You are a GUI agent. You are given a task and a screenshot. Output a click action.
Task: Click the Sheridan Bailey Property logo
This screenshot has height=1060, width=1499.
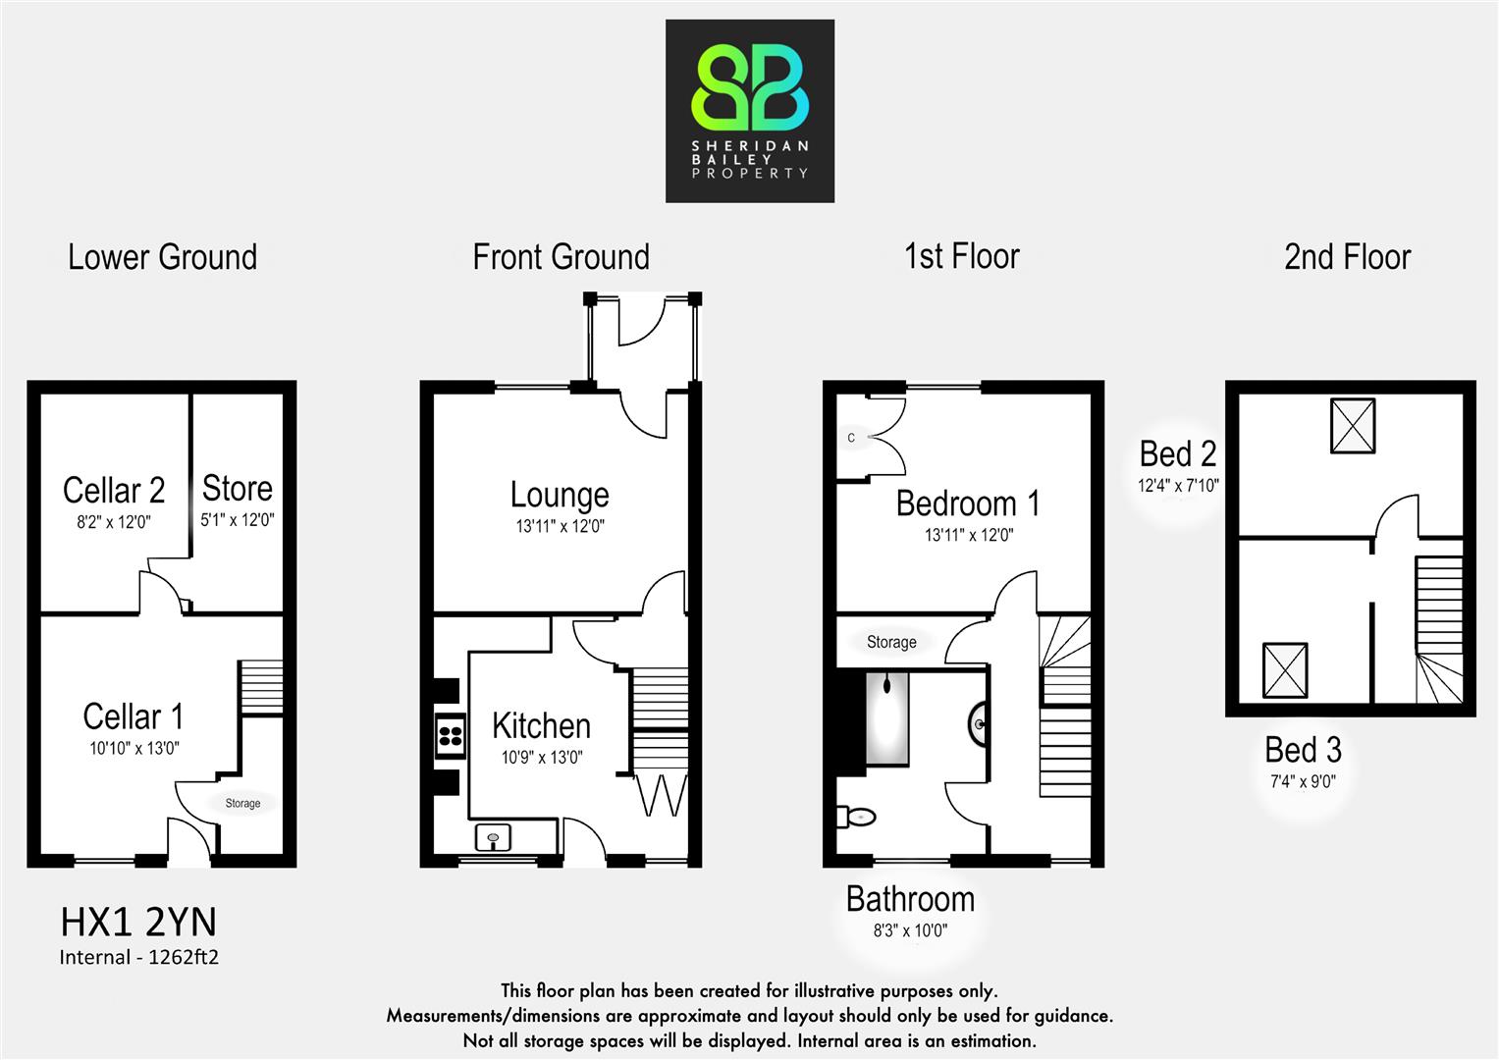click(x=750, y=111)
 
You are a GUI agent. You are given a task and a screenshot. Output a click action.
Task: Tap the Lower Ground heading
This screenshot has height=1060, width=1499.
click(x=162, y=257)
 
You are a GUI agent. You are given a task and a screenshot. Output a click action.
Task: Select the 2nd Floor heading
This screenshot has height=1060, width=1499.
click(x=1347, y=257)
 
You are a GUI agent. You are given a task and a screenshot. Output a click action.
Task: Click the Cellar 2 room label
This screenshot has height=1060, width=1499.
click(x=114, y=490)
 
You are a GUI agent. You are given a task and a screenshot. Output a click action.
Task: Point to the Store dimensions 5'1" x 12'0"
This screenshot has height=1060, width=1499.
click(x=237, y=520)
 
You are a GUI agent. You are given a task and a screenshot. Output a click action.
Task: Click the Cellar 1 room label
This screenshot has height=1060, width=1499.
click(x=133, y=716)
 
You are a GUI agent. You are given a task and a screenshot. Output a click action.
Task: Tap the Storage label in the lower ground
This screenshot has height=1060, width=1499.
click(x=242, y=803)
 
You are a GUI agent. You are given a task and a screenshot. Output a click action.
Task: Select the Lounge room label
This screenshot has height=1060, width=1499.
click(x=560, y=495)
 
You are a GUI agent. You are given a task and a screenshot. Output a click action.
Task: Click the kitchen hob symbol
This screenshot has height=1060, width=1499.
click(x=451, y=735)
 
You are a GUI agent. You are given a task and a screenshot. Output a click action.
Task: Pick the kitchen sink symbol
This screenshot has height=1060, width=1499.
click(x=493, y=838)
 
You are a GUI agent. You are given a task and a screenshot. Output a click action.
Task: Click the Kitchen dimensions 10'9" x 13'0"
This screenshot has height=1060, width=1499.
click(x=542, y=758)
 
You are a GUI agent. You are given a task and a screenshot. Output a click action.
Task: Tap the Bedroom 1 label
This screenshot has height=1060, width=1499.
click(x=968, y=503)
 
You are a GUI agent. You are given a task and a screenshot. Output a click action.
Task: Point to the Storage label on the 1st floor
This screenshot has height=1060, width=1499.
click(x=891, y=642)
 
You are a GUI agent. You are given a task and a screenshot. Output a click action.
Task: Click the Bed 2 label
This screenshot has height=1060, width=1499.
click(x=1178, y=453)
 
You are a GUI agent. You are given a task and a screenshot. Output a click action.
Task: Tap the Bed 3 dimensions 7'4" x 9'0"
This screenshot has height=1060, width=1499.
click(x=1303, y=782)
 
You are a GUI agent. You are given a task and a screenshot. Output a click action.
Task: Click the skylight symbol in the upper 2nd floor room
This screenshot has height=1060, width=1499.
click(x=1353, y=426)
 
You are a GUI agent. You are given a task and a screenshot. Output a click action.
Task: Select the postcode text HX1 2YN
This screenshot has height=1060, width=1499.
click(x=138, y=923)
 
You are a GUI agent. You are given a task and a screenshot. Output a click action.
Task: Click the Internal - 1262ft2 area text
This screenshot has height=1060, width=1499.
click(x=138, y=957)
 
